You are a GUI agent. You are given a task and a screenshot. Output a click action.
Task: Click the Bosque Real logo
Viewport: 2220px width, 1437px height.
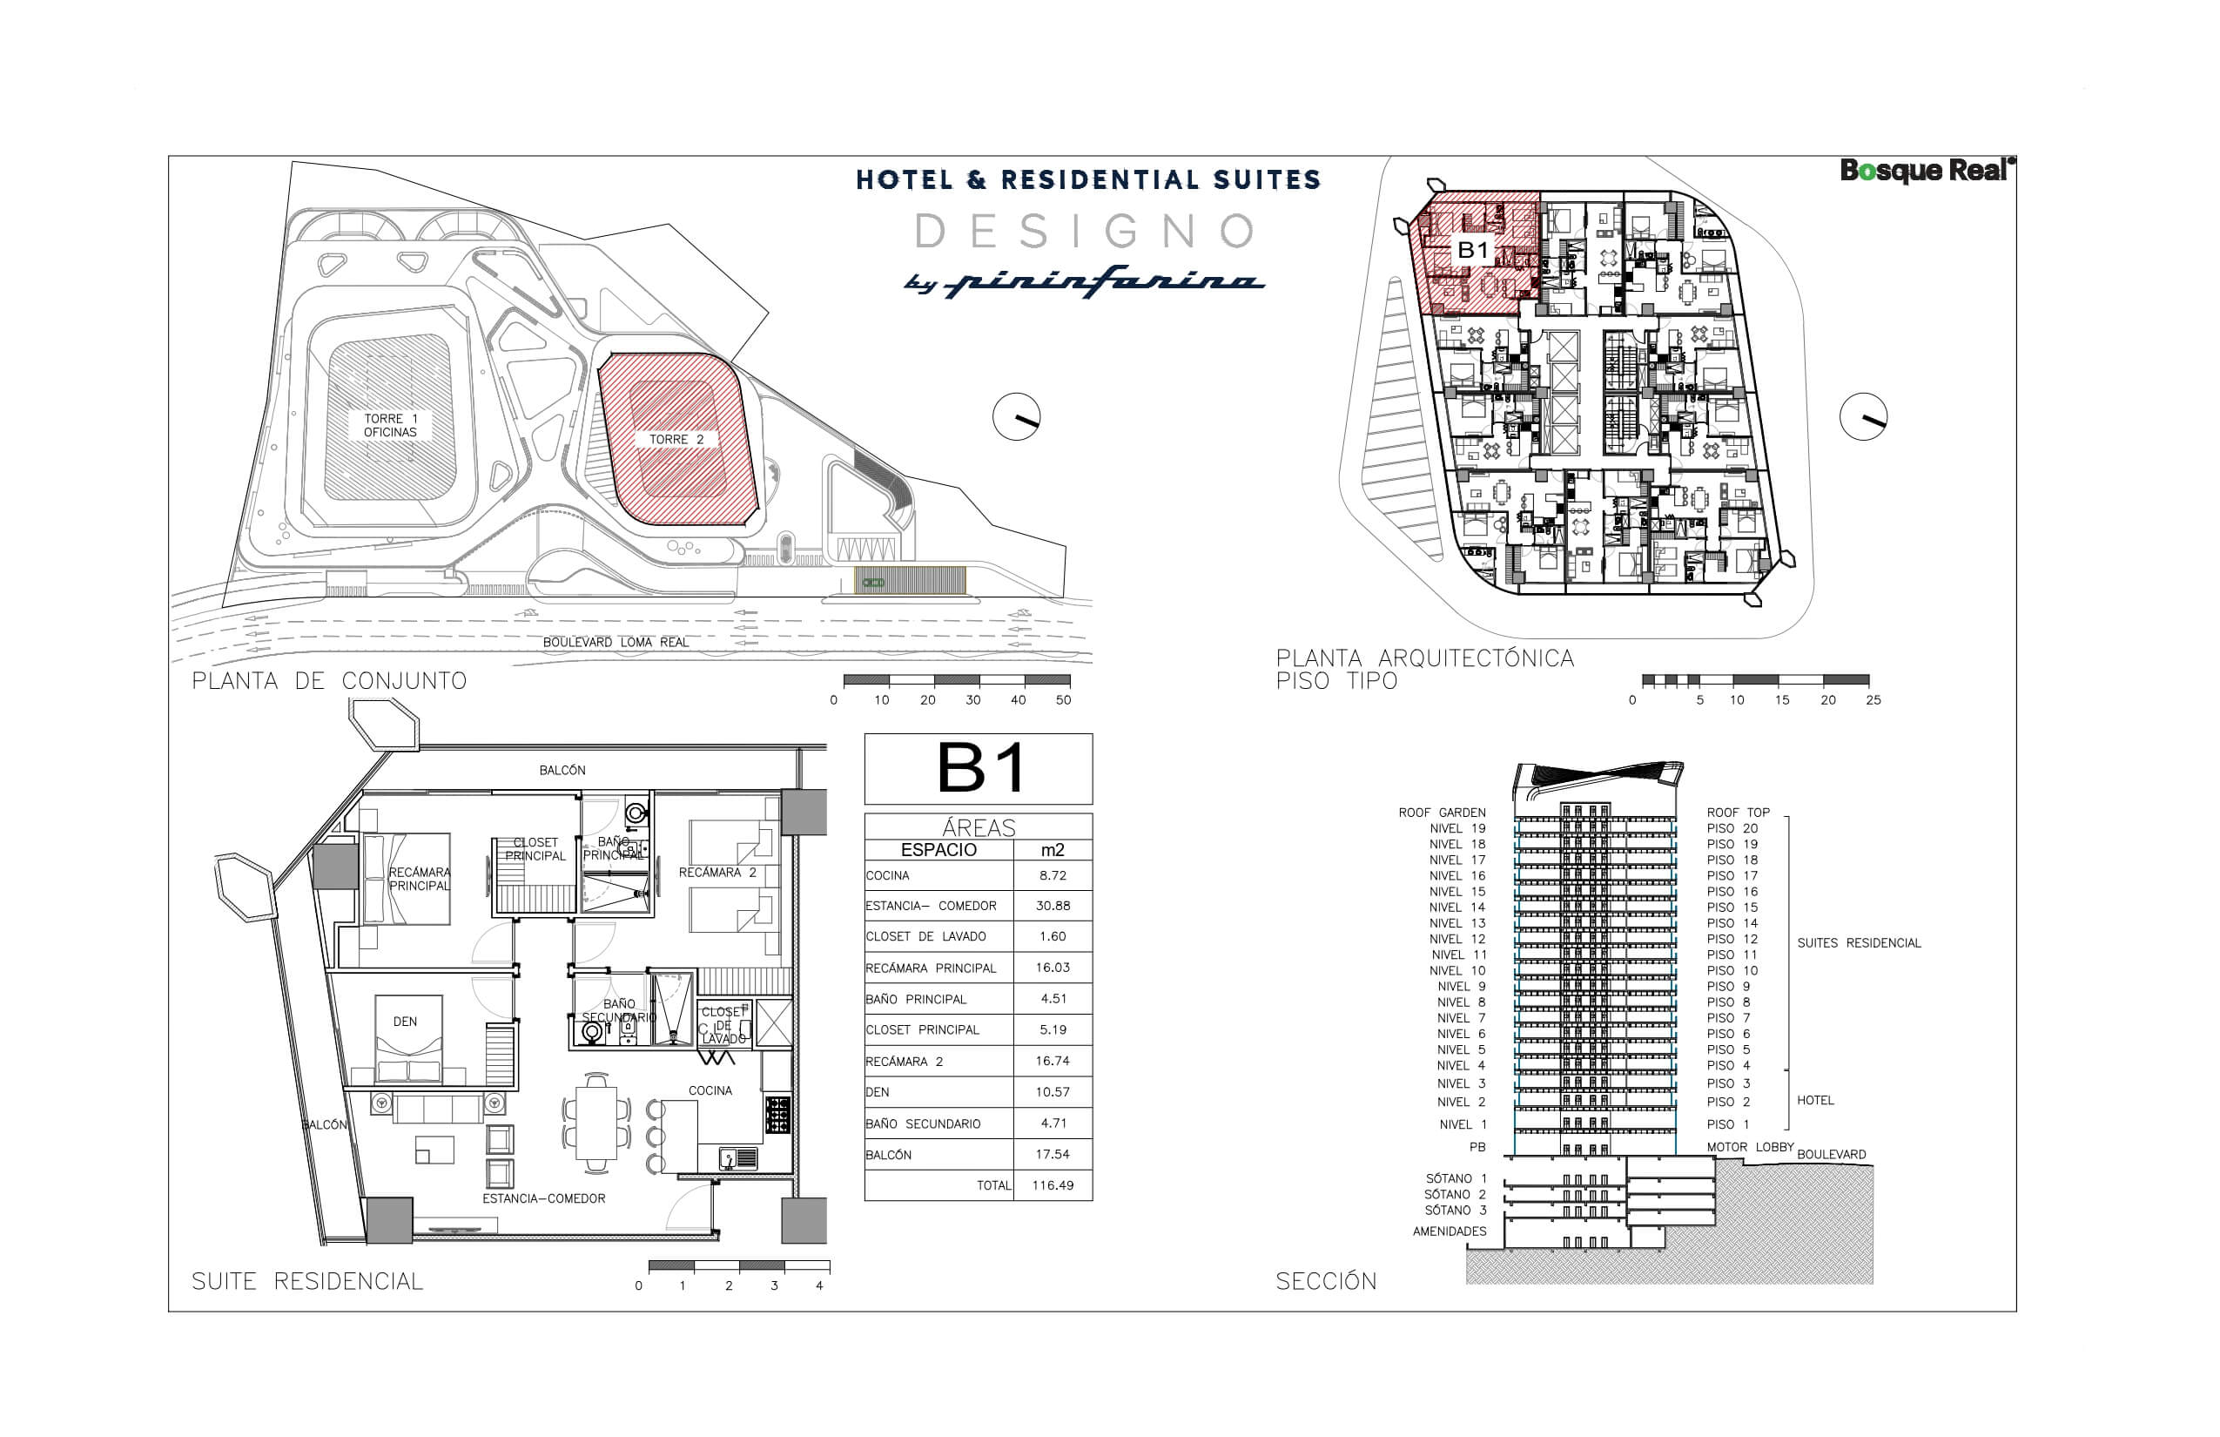click(x=1926, y=171)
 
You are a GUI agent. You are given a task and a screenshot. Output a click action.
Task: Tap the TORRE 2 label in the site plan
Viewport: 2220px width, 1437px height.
click(x=676, y=440)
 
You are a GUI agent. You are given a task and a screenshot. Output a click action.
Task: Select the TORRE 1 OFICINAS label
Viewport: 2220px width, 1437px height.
click(x=390, y=426)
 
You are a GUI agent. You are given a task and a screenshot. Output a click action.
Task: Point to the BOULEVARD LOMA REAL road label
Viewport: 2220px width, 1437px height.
click(x=616, y=643)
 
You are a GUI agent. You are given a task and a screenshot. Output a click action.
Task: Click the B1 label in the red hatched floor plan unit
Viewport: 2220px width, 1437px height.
click(x=1473, y=250)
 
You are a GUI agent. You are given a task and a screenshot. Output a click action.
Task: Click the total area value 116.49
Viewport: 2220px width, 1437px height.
click(x=1053, y=1186)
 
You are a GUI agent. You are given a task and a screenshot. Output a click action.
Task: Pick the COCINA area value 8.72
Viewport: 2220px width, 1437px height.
click(x=1053, y=875)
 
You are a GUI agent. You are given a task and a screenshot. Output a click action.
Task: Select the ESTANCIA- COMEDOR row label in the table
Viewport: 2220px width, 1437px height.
click(x=931, y=906)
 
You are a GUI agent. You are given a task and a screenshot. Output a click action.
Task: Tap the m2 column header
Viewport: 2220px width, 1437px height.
click(x=1053, y=850)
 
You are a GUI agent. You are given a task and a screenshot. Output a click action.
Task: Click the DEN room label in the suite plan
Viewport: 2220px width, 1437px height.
click(x=405, y=1022)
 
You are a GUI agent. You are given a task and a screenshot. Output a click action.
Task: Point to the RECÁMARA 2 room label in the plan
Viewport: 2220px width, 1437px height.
click(x=717, y=873)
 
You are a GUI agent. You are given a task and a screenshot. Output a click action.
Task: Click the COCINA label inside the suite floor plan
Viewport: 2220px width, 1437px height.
click(x=710, y=1090)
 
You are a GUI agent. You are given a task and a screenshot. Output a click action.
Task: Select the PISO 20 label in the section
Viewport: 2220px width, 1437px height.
click(x=1732, y=828)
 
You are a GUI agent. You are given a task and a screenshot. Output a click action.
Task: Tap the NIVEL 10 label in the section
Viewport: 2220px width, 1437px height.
click(x=1457, y=970)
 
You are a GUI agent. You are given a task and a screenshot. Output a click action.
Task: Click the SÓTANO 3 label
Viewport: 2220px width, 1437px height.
click(x=1455, y=1211)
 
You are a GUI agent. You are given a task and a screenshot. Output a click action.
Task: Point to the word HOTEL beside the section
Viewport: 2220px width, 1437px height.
click(x=1815, y=1100)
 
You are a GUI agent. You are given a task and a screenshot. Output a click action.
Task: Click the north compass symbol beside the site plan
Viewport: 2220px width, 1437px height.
click(x=1016, y=417)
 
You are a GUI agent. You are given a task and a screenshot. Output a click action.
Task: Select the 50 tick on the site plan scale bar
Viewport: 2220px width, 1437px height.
click(x=1063, y=700)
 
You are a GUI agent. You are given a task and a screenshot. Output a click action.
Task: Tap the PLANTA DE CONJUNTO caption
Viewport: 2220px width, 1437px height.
click(x=329, y=681)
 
